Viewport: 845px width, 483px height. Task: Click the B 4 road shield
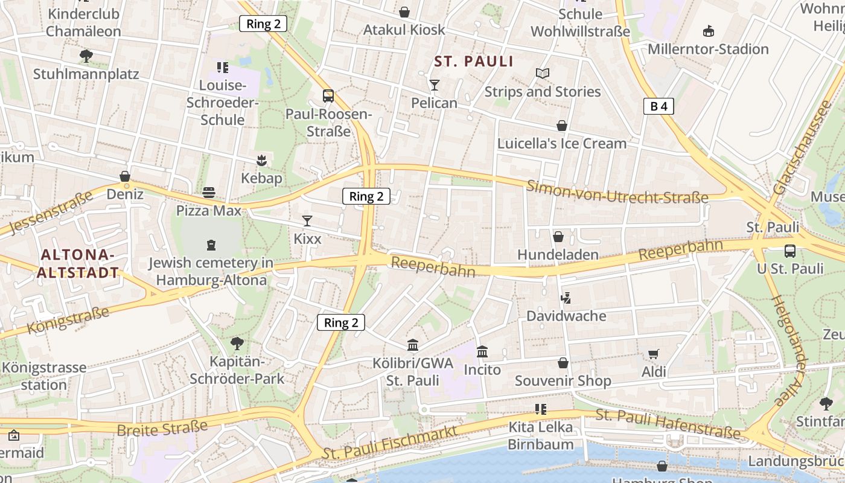click(658, 107)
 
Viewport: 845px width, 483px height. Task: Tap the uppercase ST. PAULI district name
click(474, 62)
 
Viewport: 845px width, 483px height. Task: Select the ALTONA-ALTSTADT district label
click(78, 263)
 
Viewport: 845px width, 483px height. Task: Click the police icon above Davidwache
click(566, 298)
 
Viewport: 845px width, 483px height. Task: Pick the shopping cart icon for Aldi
click(653, 354)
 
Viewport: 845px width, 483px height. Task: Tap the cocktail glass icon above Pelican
click(434, 85)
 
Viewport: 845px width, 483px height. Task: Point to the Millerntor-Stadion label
click(708, 49)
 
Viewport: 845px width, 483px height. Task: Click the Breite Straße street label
click(162, 428)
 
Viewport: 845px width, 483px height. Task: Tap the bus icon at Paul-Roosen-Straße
click(328, 96)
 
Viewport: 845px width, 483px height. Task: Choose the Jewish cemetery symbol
click(211, 245)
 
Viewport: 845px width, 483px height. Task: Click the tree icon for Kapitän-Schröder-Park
click(237, 344)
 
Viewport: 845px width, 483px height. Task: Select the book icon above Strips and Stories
click(543, 74)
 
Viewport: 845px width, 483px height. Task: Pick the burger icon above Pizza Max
click(209, 193)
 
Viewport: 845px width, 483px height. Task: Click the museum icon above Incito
click(482, 351)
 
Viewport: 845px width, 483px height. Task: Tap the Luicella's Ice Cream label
click(561, 144)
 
